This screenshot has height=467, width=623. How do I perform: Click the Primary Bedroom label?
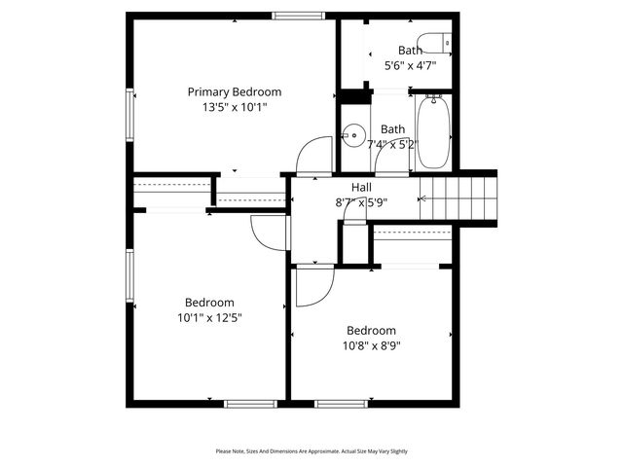tap(234, 91)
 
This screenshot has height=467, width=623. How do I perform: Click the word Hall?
tap(361, 188)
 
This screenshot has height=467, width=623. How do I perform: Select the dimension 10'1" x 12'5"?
tap(209, 317)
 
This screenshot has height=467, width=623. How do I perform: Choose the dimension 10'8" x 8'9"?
tap(371, 344)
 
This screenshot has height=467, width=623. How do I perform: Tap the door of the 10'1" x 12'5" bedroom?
tap(268, 232)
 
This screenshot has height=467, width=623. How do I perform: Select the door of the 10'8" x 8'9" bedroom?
tap(313, 286)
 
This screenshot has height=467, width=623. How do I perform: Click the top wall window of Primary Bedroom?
tap(298, 16)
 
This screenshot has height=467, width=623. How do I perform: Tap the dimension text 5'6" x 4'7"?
tap(410, 66)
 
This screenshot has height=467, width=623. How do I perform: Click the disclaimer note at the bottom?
tap(311, 451)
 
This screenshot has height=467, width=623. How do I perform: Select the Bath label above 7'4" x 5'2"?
tap(392, 128)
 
